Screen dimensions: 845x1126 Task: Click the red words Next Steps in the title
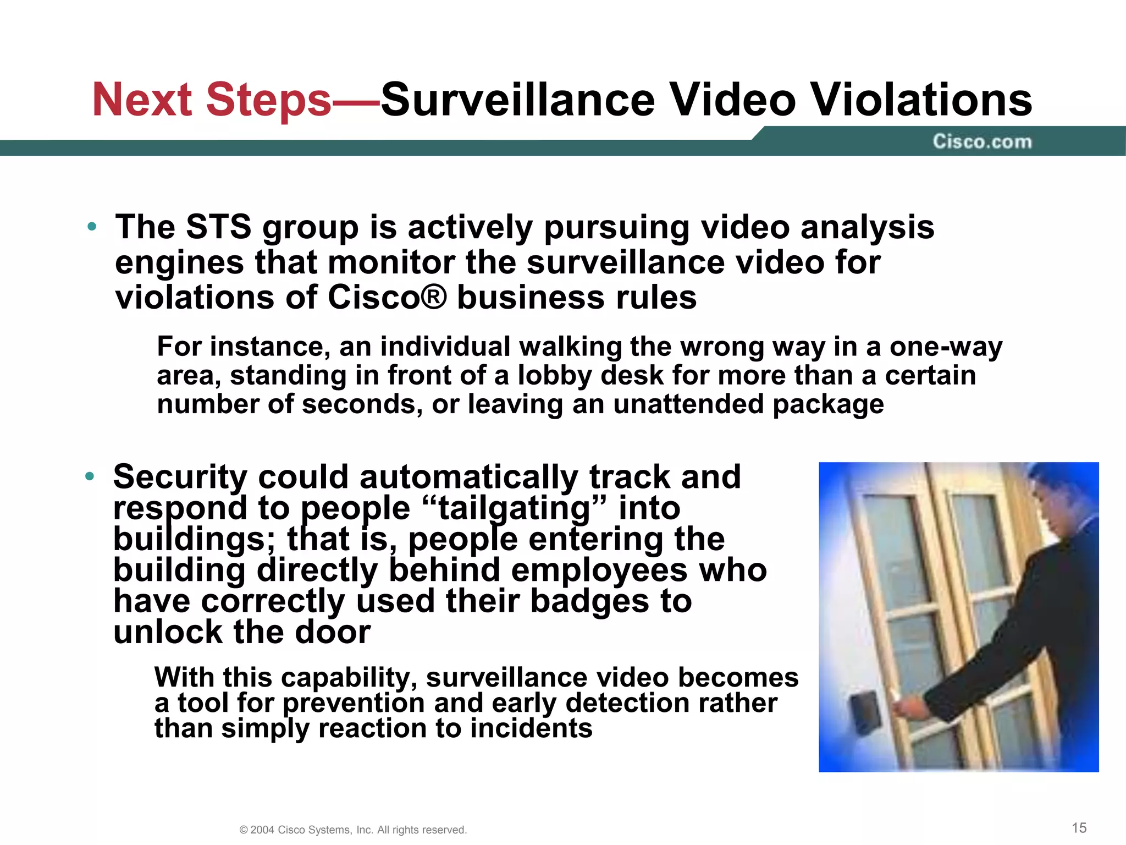(212, 100)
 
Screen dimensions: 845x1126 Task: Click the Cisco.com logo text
(982, 142)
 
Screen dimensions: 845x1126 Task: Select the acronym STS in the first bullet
(218, 227)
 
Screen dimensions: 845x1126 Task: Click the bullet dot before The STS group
(92, 227)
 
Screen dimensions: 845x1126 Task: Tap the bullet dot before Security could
(90, 476)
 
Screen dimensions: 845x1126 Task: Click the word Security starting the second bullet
(180, 476)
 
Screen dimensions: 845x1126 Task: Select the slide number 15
(1079, 828)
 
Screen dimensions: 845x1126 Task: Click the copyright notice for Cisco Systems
(353, 830)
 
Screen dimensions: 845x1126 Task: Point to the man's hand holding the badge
(907, 707)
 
